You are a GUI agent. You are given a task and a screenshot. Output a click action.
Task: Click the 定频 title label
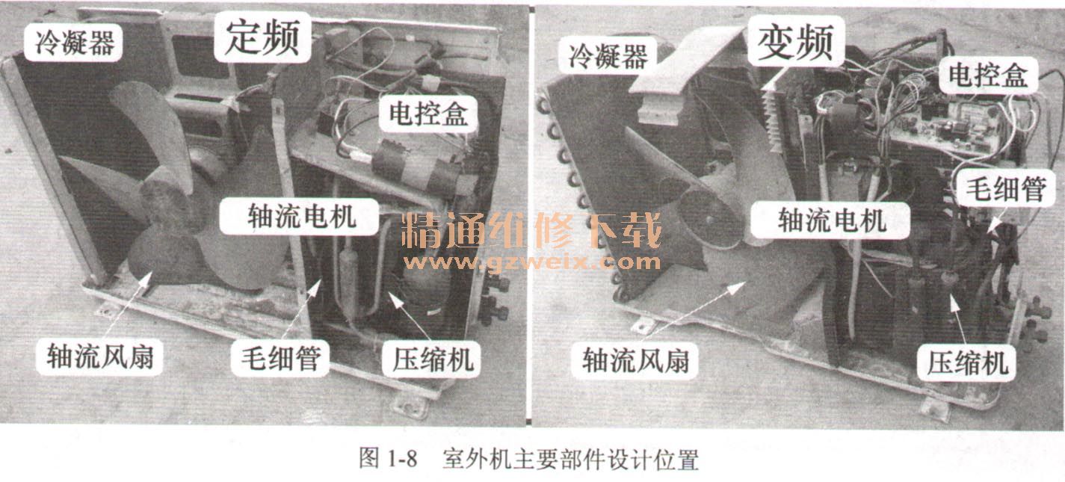point(262,37)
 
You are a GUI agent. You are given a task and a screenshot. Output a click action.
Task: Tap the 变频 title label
point(795,41)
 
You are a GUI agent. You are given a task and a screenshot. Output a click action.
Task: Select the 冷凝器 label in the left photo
point(74,43)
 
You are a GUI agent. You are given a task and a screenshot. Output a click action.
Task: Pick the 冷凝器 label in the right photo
point(608,55)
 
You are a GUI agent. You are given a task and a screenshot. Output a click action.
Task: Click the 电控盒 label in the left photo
point(428,113)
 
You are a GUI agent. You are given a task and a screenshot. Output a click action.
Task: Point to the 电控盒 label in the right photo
point(989,75)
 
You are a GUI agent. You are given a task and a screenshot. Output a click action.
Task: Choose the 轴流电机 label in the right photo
point(830,220)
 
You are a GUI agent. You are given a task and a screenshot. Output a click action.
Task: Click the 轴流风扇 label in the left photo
point(99,356)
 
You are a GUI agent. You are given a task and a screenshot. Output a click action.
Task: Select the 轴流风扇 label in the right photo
point(635,360)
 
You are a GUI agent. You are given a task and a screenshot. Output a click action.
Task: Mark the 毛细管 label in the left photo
point(280,358)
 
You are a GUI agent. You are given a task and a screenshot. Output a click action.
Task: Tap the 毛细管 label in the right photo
point(1005,189)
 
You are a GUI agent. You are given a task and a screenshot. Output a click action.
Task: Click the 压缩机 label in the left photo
point(432,359)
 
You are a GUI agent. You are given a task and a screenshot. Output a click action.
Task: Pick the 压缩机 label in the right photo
point(966,362)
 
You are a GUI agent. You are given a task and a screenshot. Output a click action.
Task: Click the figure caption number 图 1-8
point(388,458)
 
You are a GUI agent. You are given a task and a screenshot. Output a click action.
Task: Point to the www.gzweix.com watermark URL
point(531,262)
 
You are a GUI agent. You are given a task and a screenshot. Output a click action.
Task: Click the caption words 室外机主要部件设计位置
point(570,459)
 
